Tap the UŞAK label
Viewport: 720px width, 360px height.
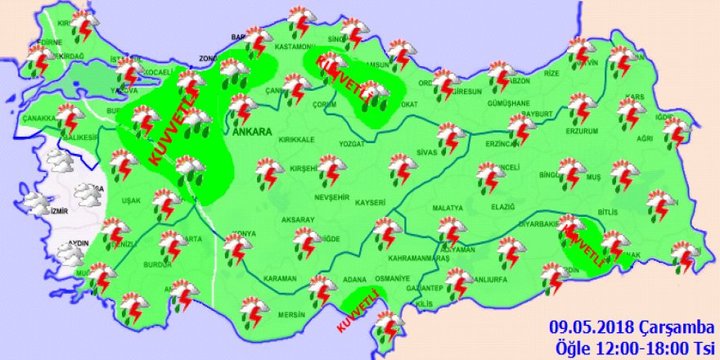tap(131, 200)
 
